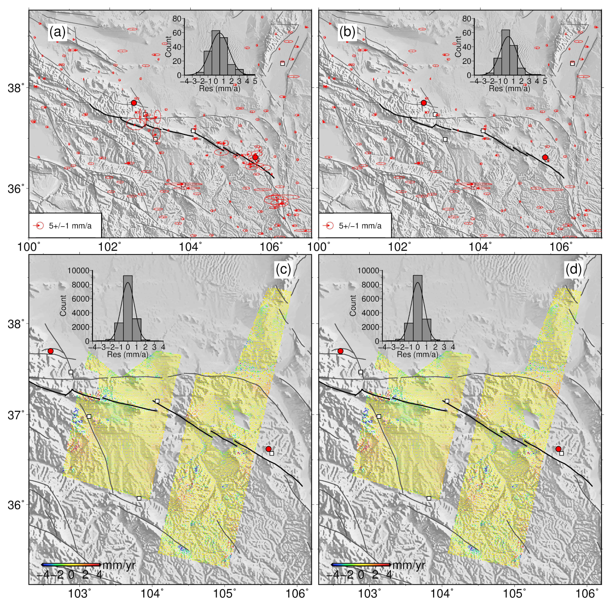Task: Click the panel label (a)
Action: [x=57, y=32]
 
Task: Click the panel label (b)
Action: [x=347, y=32]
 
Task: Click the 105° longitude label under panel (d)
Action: [x=515, y=594]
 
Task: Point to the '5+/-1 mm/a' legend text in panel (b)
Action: [x=360, y=226]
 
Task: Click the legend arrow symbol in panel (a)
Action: [x=38, y=226]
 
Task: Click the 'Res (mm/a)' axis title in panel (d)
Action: [x=417, y=354]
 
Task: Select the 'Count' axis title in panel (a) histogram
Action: [x=168, y=47]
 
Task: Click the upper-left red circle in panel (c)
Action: [x=50, y=351]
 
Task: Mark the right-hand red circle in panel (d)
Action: [x=558, y=449]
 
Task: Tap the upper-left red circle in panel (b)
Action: [x=424, y=103]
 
